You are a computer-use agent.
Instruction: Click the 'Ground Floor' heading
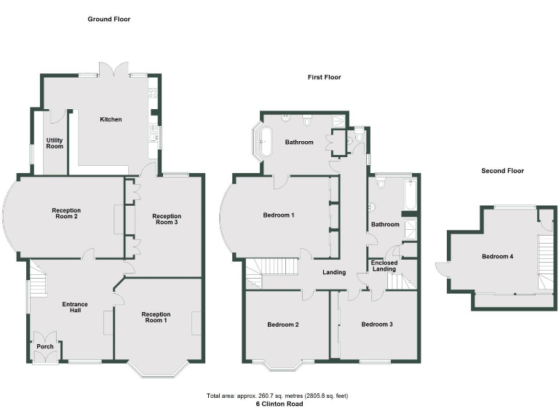click(x=109, y=19)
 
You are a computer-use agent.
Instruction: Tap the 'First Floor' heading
click(x=323, y=77)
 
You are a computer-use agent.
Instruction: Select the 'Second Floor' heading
click(x=502, y=171)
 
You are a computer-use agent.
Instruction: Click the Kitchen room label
click(x=111, y=119)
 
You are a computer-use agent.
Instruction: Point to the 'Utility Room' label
click(x=55, y=143)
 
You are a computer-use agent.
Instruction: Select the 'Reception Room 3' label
click(x=166, y=220)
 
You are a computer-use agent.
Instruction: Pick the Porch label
click(x=45, y=347)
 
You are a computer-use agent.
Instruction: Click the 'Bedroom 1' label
click(x=279, y=215)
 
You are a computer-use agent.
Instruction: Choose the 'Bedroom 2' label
click(x=283, y=324)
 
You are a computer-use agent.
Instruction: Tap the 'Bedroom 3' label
click(x=377, y=324)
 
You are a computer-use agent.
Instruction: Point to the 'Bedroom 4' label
click(x=496, y=257)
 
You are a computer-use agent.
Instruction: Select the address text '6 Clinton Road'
click(x=279, y=404)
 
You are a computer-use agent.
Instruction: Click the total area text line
click(x=278, y=396)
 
